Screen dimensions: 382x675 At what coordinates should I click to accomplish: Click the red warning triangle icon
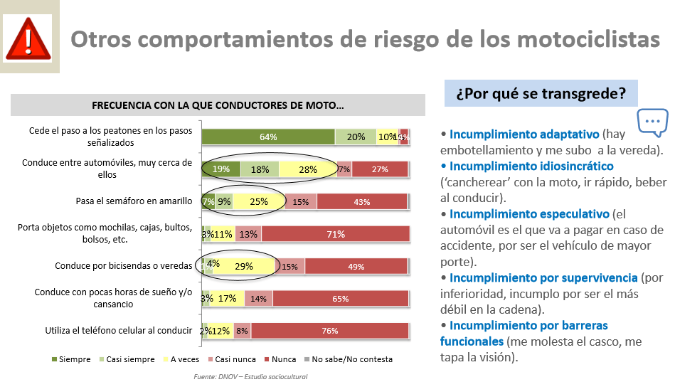point(28,40)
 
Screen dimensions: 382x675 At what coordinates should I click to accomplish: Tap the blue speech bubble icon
point(652,122)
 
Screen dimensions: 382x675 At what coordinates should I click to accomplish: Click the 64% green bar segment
point(268,137)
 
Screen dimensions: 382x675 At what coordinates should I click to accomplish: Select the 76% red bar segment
point(329,331)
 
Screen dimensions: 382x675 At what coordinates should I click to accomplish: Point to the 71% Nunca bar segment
point(336,234)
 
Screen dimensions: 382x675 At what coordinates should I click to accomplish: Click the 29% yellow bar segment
point(244,266)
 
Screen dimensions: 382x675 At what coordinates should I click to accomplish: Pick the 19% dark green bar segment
point(220,169)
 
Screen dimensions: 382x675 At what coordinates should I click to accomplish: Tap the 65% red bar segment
point(340,299)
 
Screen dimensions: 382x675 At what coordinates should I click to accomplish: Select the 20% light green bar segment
point(356,137)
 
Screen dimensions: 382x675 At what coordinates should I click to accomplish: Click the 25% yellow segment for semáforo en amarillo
point(259,202)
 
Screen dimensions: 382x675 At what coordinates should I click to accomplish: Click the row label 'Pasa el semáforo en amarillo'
point(134,201)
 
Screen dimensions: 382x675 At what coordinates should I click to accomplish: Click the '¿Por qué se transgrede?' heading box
point(541,93)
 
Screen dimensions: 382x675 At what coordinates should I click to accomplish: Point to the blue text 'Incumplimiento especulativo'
point(529,214)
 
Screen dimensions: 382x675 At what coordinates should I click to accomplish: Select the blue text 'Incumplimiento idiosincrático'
point(531,166)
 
